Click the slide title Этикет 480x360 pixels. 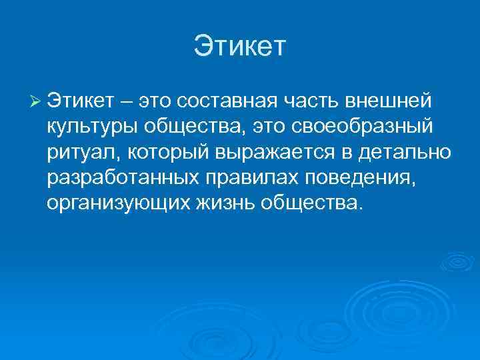pos(239,47)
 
